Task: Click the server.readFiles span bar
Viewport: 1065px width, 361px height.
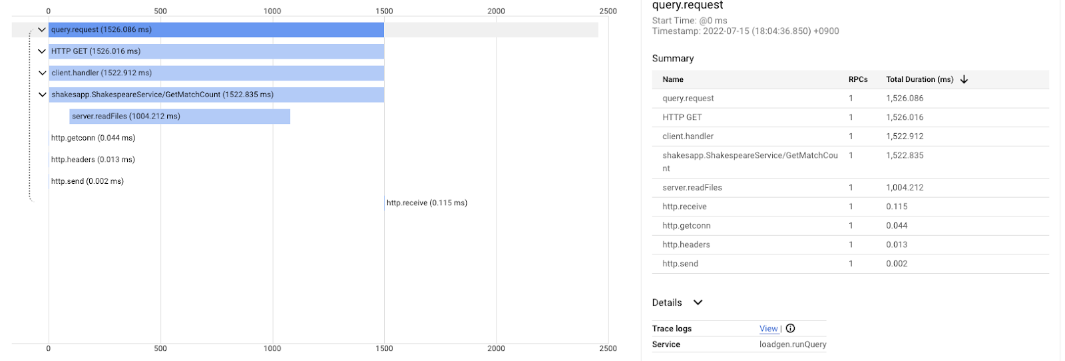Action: pyautogui.click(x=180, y=117)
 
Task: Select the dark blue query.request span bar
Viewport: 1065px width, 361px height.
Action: pyautogui.click(x=216, y=30)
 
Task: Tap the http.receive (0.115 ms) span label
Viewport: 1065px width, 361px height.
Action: pyautogui.click(x=427, y=203)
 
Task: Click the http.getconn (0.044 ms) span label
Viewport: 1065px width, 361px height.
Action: pyautogui.click(x=93, y=138)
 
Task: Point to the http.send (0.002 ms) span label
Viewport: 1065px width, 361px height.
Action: pyautogui.click(x=87, y=181)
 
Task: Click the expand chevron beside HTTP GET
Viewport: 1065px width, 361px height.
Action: pyautogui.click(x=42, y=51)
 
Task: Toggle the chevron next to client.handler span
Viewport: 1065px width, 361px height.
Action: pyautogui.click(x=42, y=73)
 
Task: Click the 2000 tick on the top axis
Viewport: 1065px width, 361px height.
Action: pyautogui.click(x=496, y=11)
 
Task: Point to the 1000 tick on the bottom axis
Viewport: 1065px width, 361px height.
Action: pyautogui.click(x=272, y=348)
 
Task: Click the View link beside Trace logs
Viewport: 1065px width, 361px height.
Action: pyautogui.click(x=768, y=328)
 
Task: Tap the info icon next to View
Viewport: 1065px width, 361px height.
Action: pyautogui.click(x=790, y=328)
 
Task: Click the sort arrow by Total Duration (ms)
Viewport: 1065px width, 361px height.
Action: pyautogui.click(x=964, y=79)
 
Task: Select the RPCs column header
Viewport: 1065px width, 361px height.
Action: pyautogui.click(x=858, y=79)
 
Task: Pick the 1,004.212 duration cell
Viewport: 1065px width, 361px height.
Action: pyautogui.click(x=905, y=188)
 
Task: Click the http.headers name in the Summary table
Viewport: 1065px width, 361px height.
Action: pyautogui.click(x=686, y=244)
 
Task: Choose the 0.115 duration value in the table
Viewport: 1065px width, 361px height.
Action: pyautogui.click(x=897, y=206)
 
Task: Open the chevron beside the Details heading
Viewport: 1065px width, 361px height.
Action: pyautogui.click(x=698, y=302)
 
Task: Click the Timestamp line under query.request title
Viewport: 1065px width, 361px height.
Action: pyautogui.click(x=745, y=31)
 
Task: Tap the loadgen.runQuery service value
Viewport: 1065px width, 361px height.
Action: pyautogui.click(x=792, y=344)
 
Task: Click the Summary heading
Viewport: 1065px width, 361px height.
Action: pyautogui.click(x=672, y=59)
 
